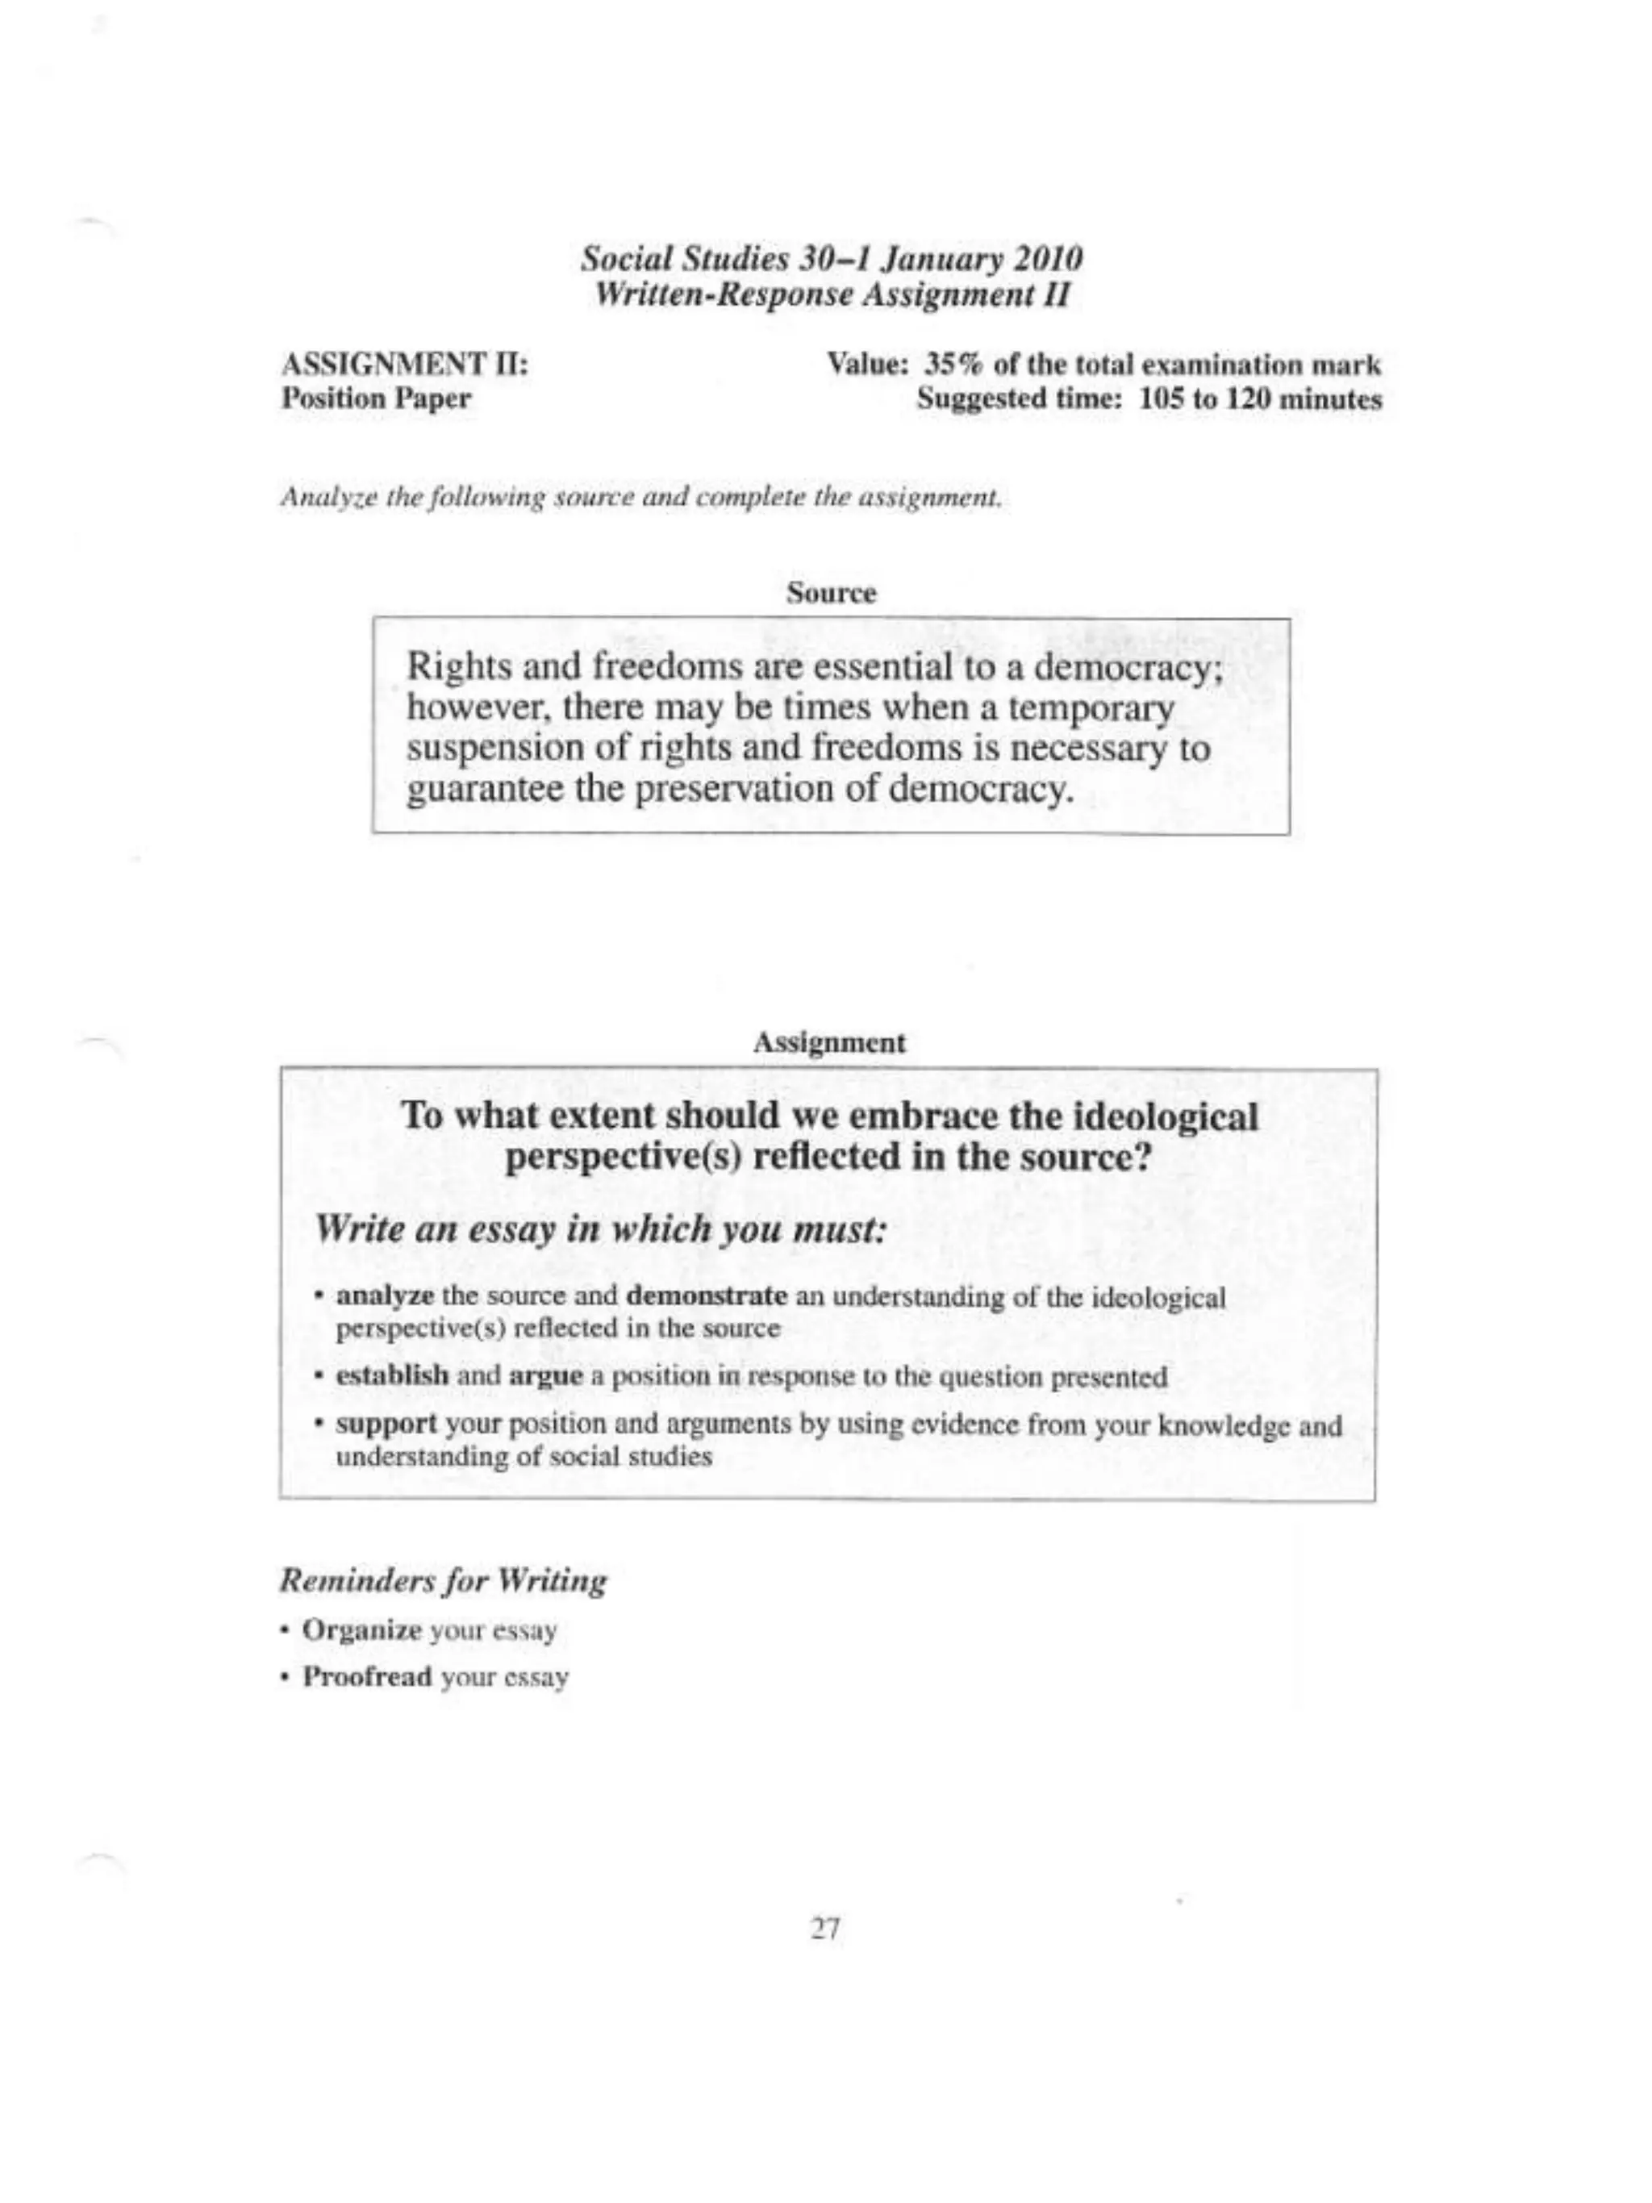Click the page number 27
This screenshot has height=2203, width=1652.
point(825,1930)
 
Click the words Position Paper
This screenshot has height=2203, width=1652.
point(377,399)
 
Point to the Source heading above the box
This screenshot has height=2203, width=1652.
point(831,594)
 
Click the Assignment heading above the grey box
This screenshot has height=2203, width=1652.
point(828,1043)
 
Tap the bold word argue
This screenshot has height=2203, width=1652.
point(544,1379)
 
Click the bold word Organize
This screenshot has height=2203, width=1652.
point(362,1630)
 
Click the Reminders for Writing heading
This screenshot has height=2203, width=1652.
point(443,1580)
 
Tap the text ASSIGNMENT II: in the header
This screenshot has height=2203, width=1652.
point(405,365)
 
